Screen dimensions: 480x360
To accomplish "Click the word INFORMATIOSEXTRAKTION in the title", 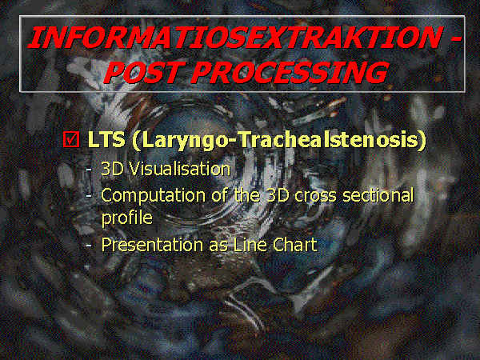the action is click(234, 38).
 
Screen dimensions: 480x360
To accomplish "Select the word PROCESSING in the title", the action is click(290, 72).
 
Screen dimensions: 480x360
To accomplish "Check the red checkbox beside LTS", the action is click(71, 139).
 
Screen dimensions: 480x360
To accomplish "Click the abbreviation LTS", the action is click(106, 140).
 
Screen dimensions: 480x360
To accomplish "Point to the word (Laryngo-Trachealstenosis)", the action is click(279, 141).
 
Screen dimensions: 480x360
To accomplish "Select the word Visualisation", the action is click(179, 169).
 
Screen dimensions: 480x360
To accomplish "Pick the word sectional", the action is click(378, 195).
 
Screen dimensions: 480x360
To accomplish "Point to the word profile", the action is click(126, 218).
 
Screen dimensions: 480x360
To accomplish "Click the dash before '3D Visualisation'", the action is click(89, 170).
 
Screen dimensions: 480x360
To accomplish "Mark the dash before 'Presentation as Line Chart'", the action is click(89, 246).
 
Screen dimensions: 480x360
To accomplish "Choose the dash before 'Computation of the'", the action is click(89, 196).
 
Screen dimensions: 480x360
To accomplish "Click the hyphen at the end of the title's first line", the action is click(455, 40).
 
